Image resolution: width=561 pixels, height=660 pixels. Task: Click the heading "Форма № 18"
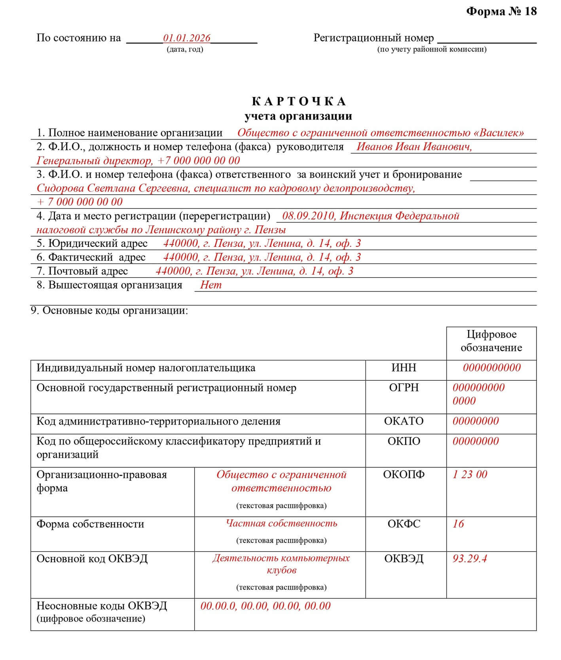[x=501, y=11]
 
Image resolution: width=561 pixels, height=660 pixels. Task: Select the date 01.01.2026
[x=187, y=38]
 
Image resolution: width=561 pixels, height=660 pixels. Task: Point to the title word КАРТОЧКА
[x=299, y=102]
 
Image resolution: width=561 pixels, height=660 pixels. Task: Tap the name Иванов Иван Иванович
[x=414, y=147]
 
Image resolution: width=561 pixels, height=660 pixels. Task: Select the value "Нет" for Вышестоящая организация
[x=211, y=285]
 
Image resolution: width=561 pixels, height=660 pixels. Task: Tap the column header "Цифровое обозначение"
[x=491, y=341]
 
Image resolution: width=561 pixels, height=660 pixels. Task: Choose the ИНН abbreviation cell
[x=404, y=368]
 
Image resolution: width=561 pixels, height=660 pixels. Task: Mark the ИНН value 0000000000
[x=492, y=368]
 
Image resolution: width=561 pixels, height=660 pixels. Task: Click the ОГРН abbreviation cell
[x=404, y=388]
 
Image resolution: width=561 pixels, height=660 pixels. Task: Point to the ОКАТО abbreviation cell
[x=404, y=421]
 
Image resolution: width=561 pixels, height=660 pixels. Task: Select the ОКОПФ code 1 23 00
[x=470, y=474]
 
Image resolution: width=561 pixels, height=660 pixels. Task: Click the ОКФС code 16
[x=458, y=524]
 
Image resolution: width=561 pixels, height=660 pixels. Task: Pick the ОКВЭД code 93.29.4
[x=470, y=559]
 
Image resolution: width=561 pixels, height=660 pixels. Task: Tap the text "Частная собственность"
[x=281, y=523]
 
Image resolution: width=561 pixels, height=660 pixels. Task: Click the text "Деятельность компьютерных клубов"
[x=281, y=564]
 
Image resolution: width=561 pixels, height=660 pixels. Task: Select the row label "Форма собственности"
[x=90, y=524]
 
